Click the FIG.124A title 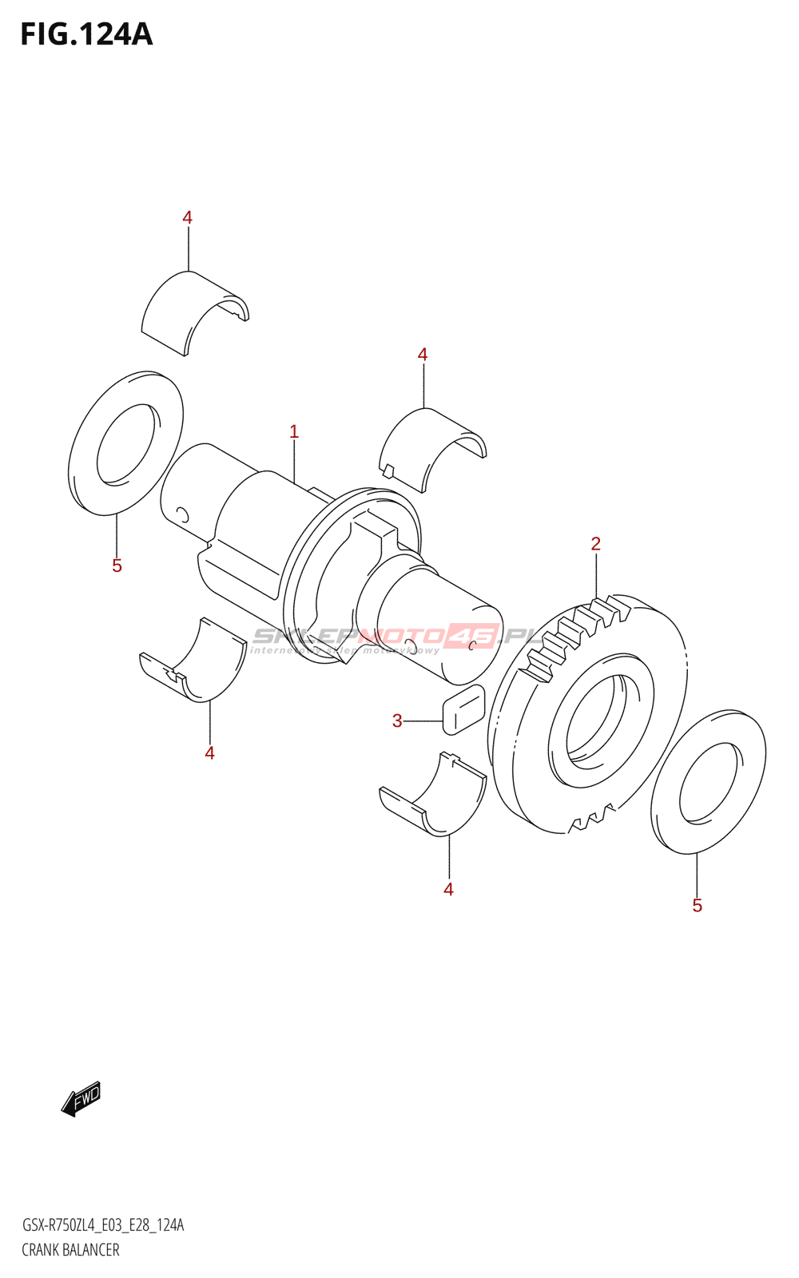click(86, 34)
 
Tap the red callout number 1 click(294, 432)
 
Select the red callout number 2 click(595, 544)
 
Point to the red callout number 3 click(397, 721)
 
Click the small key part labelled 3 click(463, 709)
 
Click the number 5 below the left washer click(117, 566)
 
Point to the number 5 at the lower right click(697, 906)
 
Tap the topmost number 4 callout click(187, 217)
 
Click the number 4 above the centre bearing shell click(423, 354)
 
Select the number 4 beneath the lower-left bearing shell click(209, 753)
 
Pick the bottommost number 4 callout click(448, 890)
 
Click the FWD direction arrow click(81, 1098)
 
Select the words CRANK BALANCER click(70, 1250)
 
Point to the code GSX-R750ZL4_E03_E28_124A click(102, 1225)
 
